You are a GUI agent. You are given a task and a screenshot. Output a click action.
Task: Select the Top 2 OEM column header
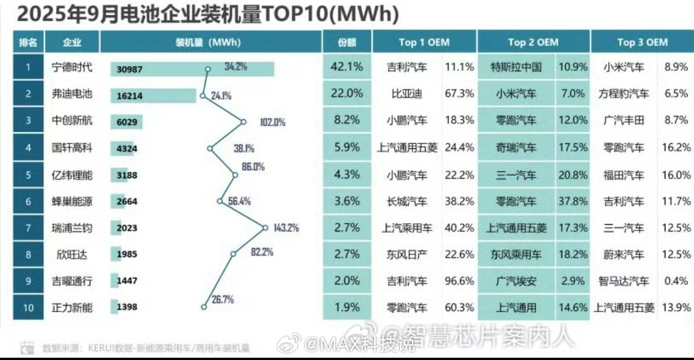point(533,42)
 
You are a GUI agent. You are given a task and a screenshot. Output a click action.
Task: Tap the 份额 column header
point(347,42)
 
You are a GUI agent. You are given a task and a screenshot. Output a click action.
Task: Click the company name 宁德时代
point(71,67)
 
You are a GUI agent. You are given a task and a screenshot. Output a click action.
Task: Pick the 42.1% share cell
point(347,67)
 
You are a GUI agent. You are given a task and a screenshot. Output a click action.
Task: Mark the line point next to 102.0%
point(244,122)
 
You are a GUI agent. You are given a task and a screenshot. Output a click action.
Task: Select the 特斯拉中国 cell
point(516,67)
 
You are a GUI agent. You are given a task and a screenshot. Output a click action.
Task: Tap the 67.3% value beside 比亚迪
point(459,94)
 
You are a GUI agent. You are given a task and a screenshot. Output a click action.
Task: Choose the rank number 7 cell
point(28,228)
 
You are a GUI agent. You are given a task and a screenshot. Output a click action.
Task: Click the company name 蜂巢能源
point(71,201)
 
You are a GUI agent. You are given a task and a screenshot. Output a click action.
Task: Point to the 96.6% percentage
point(459,281)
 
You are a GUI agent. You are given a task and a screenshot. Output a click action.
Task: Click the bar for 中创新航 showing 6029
point(126,122)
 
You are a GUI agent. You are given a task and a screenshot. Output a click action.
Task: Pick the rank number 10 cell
point(28,308)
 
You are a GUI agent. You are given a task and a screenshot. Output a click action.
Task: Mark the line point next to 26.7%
point(204,307)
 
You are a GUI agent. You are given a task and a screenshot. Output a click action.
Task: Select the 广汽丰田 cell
point(623,121)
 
